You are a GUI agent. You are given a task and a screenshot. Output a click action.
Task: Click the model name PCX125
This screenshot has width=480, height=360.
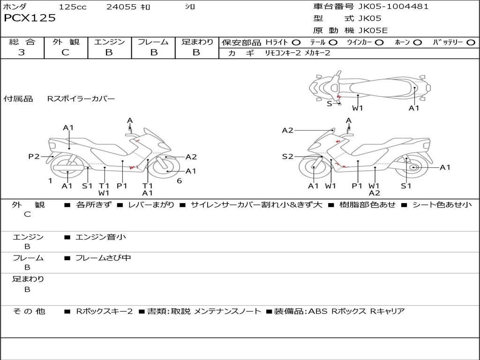pyautogui.click(x=30, y=18)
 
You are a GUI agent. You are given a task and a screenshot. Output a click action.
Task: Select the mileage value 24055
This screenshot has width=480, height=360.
pyautogui.click(x=121, y=7)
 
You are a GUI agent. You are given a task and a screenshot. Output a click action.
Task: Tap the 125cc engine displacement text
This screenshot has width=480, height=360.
pyautogui.click(x=73, y=7)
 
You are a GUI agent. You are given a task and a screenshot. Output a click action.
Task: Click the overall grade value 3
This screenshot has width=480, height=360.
pyautogui.click(x=22, y=52)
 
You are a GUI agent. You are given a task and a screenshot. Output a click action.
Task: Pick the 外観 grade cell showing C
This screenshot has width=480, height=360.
pyautogui.click(x=65, y=52)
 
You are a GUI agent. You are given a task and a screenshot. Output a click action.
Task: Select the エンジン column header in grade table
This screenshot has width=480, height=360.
pyautogui.click(x=109, y=42)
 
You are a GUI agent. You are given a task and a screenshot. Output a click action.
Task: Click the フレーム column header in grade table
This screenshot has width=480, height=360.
pyautogui.click(x=153, y=42)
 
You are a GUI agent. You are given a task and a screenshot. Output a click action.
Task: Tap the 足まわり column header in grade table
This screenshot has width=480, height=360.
pyautogui.click(x=197, y=42)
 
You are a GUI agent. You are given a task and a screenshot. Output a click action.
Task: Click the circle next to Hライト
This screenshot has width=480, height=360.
pyautogui.click(x=296, y=43)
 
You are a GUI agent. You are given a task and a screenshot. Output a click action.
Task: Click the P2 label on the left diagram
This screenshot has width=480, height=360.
pyautogui.click(x=34, y=157)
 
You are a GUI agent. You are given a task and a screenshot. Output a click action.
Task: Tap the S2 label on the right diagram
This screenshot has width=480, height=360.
pyautogui.click(x=287, y=157)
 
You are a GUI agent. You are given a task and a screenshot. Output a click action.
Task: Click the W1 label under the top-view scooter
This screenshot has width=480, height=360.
pyautogui.click(x=358, y=108)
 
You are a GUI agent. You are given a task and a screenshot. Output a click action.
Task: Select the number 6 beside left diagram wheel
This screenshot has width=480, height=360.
pyautogui.click(x=179, y=180)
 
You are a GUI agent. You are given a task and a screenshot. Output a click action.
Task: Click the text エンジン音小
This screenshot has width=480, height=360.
pyautogui.click(x=101, y=237)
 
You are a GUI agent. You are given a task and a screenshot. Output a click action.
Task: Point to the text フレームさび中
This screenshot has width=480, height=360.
pyautogui.click(x=103, y=258)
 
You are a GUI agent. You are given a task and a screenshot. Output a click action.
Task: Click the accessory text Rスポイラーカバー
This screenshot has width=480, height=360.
pyautogui.click(x=81, y=99)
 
